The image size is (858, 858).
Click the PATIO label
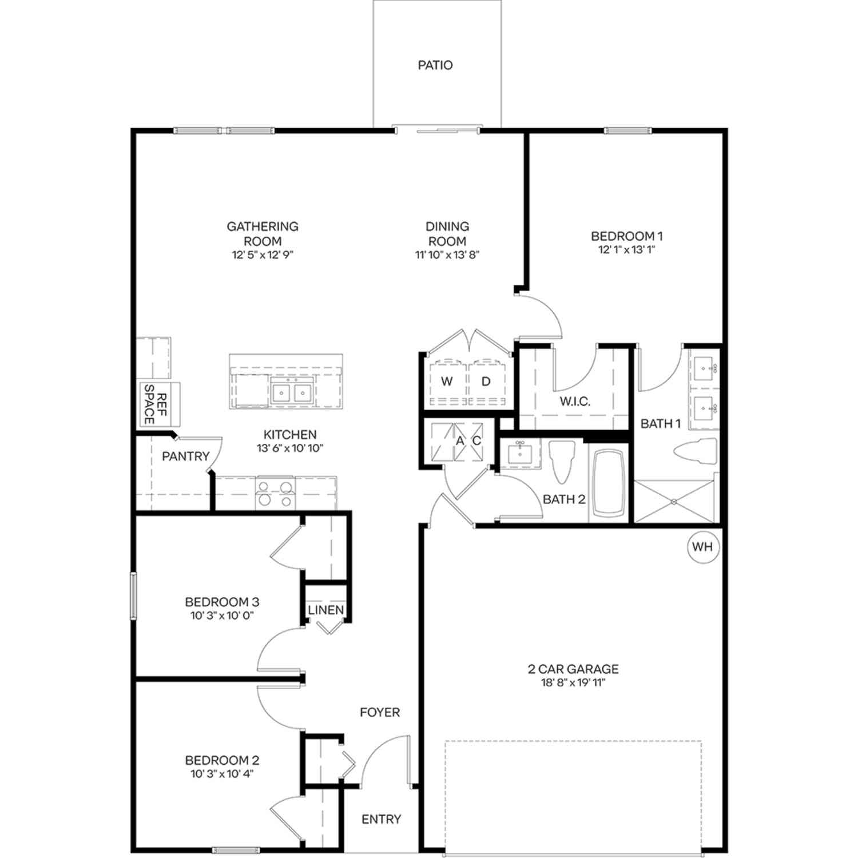click(435, 65)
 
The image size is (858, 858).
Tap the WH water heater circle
click(702, 547)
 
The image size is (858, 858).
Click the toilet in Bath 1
click(696, 452)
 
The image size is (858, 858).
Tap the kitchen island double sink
click(292, 392)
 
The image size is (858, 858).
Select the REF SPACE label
click(155, 404)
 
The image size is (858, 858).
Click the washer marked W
click(447, 382)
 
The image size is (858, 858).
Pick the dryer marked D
click(486, 382)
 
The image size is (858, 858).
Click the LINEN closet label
click(326, 610)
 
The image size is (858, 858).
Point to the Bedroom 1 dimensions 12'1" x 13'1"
click(626, 249)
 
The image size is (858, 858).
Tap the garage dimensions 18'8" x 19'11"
click(573, 682)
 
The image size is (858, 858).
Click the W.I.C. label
click(575, 402)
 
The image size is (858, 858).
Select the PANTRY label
click(185, 456)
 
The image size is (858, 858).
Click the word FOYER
click(380, 712)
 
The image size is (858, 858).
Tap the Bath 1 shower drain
click(674, 502)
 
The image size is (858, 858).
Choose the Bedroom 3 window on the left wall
click(133, 596)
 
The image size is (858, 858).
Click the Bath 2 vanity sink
click(520, 454)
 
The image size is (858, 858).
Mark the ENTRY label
click(382, 819)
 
